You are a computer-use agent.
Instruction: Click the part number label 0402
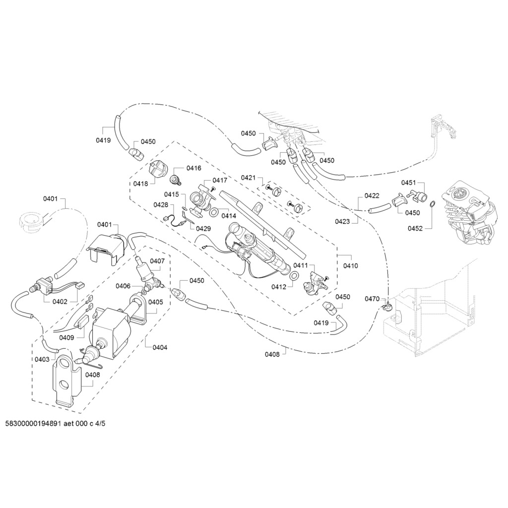point(60,301)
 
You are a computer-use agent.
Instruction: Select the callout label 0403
point(42,359)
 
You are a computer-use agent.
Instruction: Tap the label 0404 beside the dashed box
point(160,347)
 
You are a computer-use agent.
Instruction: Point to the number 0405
point(155,302)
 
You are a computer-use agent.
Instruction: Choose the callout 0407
point(157,261)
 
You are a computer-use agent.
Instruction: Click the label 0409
point(66,337)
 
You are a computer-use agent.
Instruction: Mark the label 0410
point(350,266)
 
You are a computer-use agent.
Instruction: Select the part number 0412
point(278,287)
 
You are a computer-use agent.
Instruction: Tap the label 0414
point(229,216)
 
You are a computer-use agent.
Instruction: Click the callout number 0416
point(194,168)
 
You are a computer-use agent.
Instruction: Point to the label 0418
point(140,184)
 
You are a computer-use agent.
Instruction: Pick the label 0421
point(248,178)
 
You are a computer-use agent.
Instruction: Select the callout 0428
point(160,204)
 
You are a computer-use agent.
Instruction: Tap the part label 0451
point(408,183)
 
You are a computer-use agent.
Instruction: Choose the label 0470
point(372,299)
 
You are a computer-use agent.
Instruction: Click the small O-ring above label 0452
point(432,203)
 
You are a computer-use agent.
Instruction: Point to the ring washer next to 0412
point(293,275)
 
